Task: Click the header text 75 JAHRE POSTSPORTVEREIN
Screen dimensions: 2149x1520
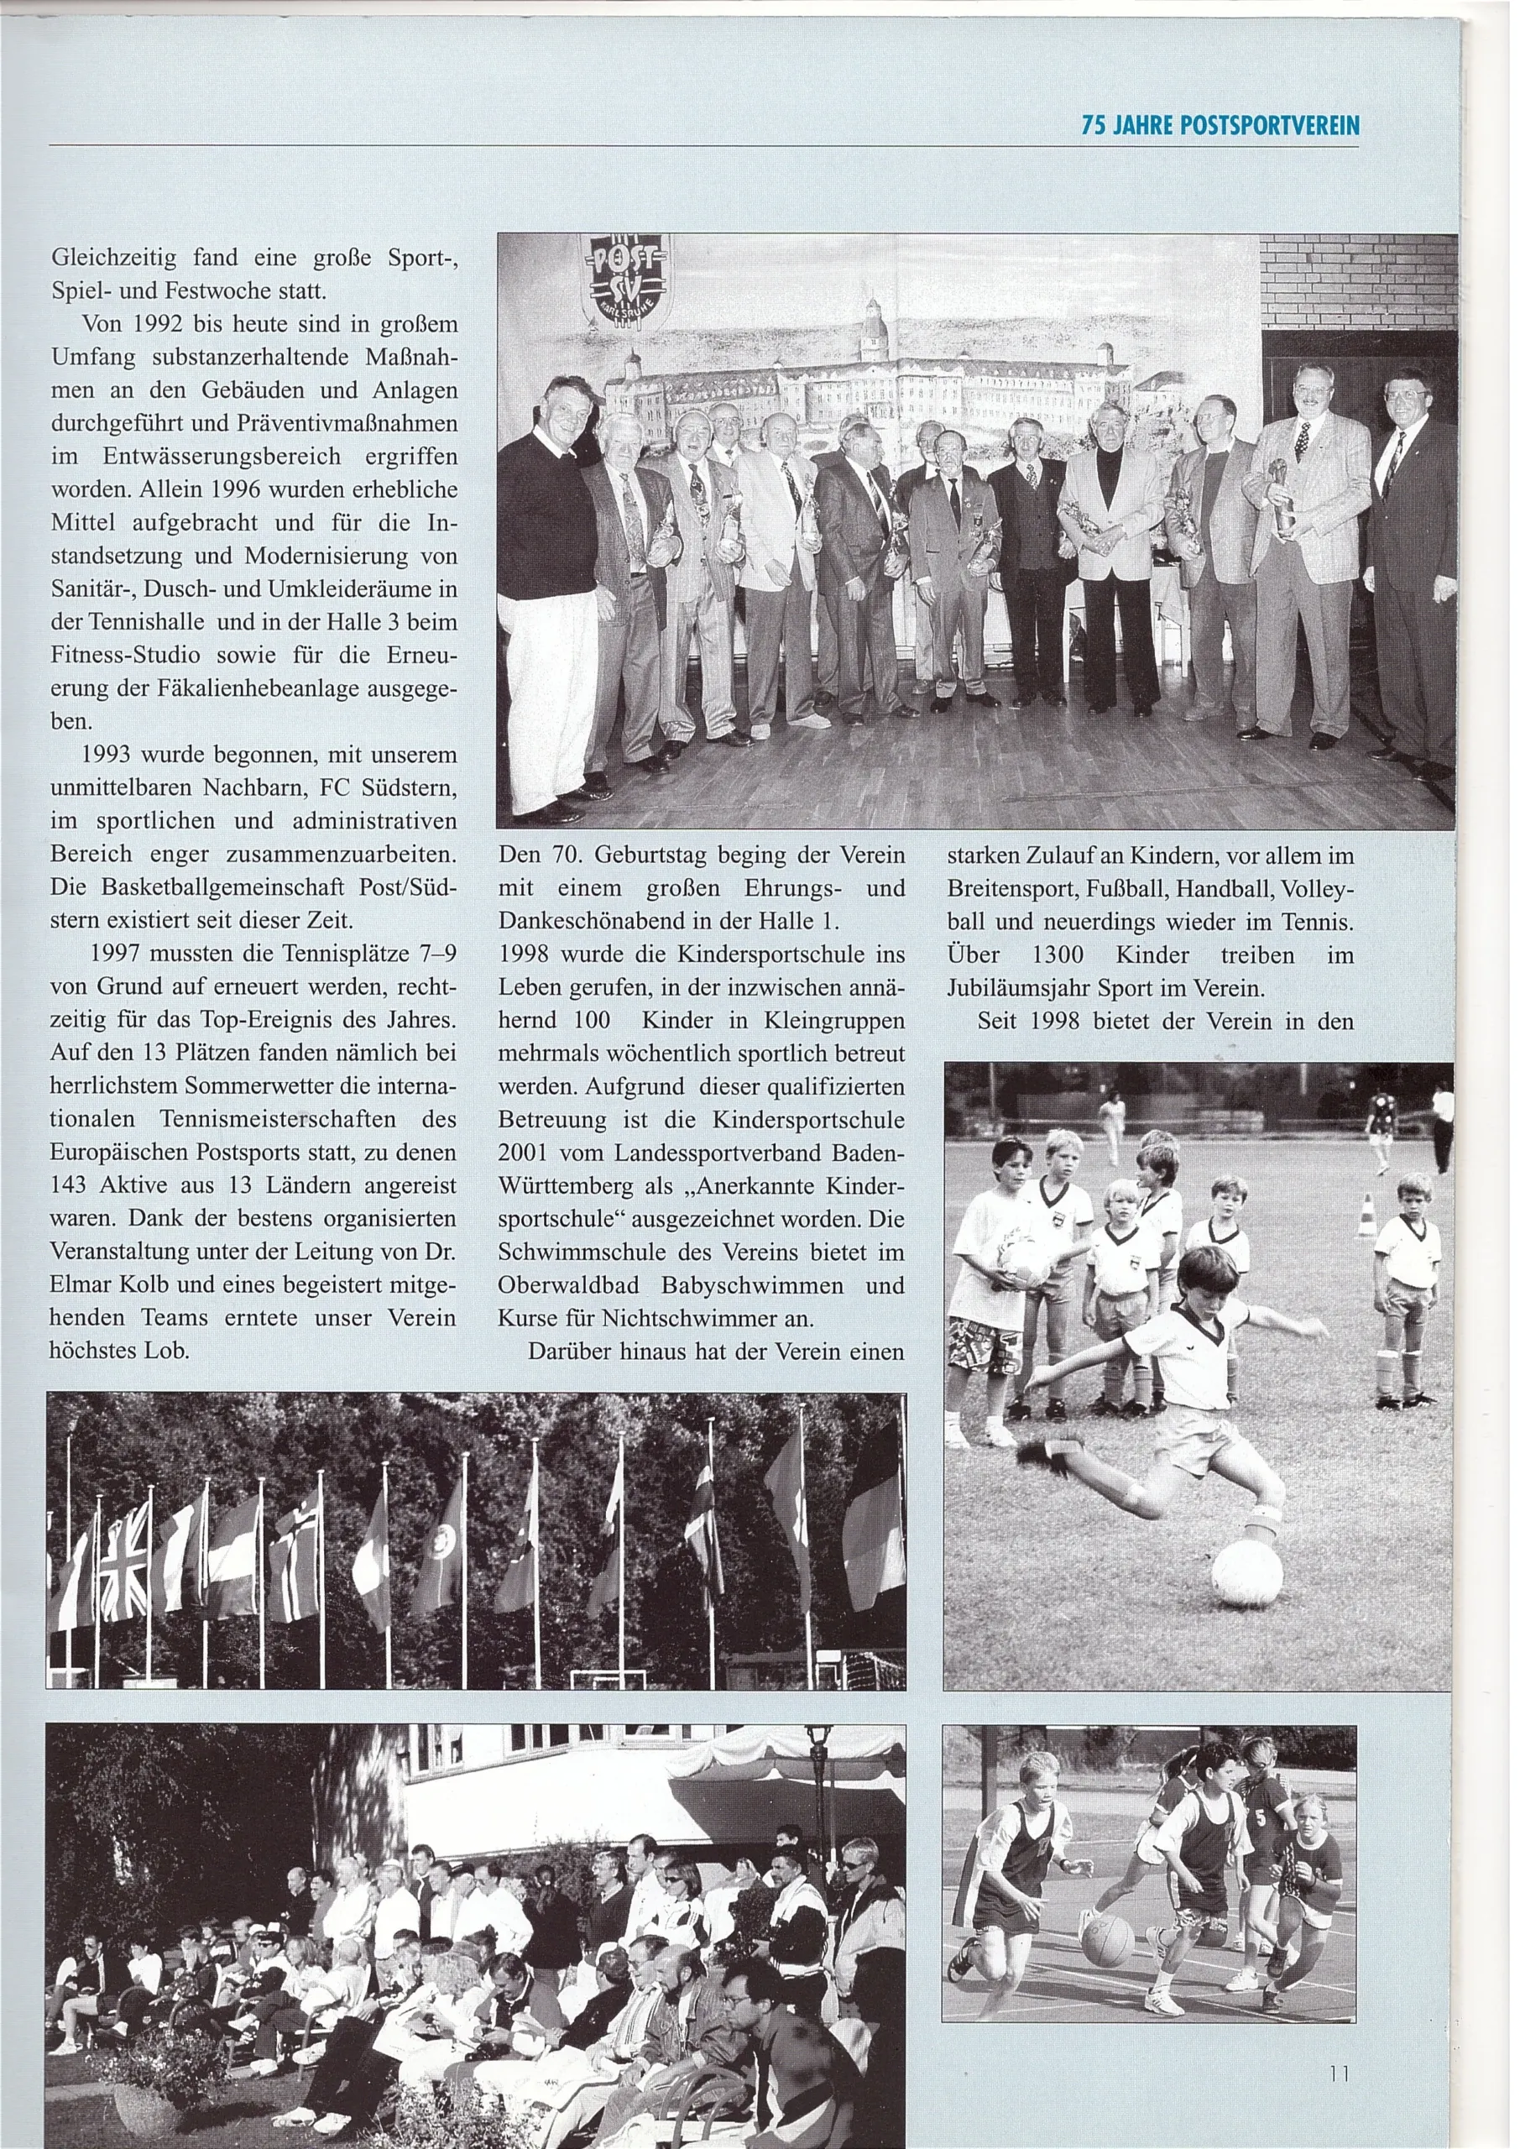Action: coord(1220,125)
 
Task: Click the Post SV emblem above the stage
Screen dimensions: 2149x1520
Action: coord(624,284)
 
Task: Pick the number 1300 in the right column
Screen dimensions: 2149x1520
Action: coord(1058,955)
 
